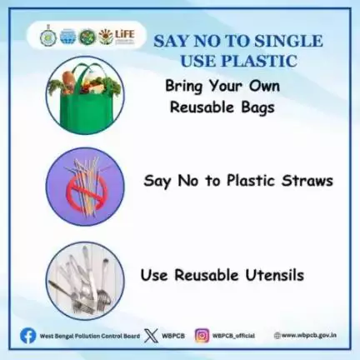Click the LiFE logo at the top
pos(117,37)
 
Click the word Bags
pos(257,108)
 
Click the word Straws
pos(307,181)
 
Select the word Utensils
pos(274,275)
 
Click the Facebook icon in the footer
pos(28,335)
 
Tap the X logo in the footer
pos(151,336)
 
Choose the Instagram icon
pos(202,336)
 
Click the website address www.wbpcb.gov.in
pos(309,335)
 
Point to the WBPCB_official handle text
pos(233,336)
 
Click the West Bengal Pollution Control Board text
pos(90,336)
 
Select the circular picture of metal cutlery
pos(85,281)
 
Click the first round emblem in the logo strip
pos(47,37)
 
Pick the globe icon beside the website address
pos(277,336)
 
